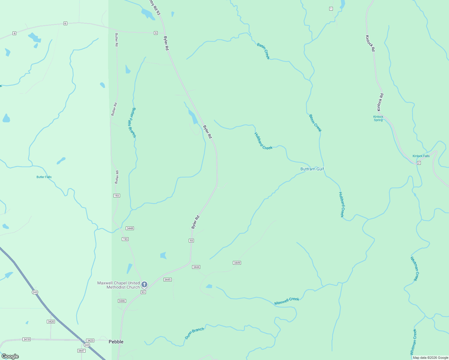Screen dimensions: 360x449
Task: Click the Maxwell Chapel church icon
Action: [x=144, y=284]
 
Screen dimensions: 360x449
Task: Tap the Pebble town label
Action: [x=116, y=342]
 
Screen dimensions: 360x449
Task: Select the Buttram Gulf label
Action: [x=312, y=169]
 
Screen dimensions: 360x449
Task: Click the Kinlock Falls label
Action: [x=421, y=156]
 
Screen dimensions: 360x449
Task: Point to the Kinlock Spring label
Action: [x=378, y=118]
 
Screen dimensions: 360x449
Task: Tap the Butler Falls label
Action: [x=44, y=177]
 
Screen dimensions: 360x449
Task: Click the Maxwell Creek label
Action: [x=287, y=301]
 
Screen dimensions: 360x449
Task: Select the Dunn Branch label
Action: [x=194, y=333]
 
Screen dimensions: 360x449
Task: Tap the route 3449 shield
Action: [x=237, y=263]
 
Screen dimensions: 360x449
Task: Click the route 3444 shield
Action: [x=196, y=267]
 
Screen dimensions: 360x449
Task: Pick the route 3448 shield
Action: [x=130, y=228]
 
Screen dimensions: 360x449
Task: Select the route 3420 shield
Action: [x=51, y=322]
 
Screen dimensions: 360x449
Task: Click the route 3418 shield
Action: [x=26, y=339]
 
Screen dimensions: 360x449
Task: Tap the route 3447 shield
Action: [x=81, y=351]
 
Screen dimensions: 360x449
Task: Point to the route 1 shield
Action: [x=331, y=9]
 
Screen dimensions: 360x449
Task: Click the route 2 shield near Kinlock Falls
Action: [x=419, y=163]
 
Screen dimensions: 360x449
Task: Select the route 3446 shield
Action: [x=122, y=301]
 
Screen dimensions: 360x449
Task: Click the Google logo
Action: [x=10, y=356]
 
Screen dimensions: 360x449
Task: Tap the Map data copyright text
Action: [x=430, y=358]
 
